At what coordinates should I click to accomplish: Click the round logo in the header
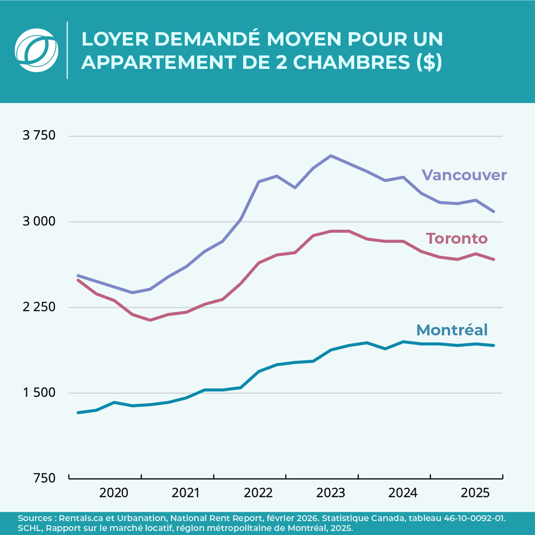37,50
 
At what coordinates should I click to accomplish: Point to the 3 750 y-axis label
39,136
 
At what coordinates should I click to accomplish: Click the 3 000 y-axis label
39,221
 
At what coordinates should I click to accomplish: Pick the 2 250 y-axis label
39,307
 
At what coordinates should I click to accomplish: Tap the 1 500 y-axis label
39,393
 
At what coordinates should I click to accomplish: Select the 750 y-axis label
46,478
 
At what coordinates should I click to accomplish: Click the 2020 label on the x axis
114,493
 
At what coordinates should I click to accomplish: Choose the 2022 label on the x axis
259,493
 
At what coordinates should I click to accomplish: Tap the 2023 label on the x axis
331,493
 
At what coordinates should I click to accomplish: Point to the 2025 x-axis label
476,493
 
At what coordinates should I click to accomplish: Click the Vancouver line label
464,175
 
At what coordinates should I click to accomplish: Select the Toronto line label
457,239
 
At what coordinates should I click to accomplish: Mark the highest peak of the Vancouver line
331,156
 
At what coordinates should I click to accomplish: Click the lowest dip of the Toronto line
150,320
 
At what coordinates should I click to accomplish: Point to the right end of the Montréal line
494,345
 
